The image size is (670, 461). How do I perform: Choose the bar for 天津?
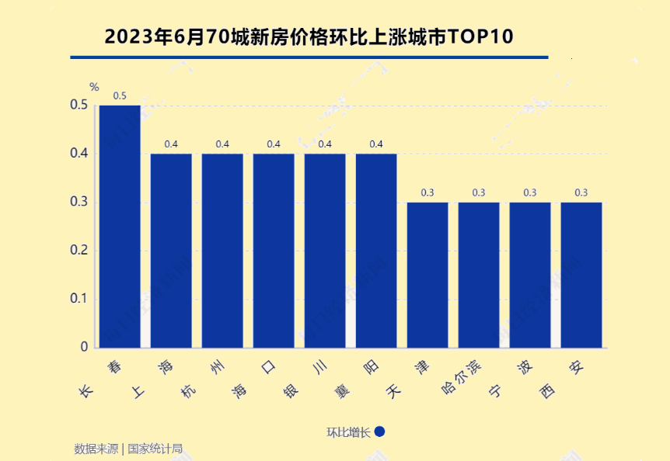pyautogui.click(x=427, y=275)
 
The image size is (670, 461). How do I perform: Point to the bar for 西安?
pyautogui.click(x=581, y=275)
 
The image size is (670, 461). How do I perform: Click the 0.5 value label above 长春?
pyautogui.click(x=120, y=96)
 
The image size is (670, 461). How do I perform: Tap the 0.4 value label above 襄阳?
pyautogui.click(x=376, y=144)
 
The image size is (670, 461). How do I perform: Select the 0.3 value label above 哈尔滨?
pyautogui.click(x=479, y=192)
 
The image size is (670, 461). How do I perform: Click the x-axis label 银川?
pyautogui.click(x=308, y=377)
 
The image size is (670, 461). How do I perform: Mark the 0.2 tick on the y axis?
pyautogui.click(x=79, y=251)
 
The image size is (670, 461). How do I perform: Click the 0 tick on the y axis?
pyautogui.click(x=84, y=347)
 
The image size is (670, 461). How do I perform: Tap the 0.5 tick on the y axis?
pyautogui.click(x=79, y=105)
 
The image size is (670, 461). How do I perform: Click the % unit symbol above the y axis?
pyautogui.click(x=94, y=87)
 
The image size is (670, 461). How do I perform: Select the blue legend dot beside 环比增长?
pyautogui.click(x=380, y=432)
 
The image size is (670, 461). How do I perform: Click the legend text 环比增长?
pyautogui.click(x=349, y=432)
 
